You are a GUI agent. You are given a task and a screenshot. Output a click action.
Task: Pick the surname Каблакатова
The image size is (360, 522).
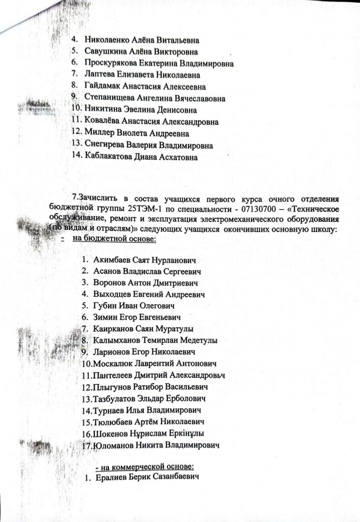click(x=109, y=156)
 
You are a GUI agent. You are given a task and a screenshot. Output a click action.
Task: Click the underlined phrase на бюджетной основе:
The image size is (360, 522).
click(x=113, y=238)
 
